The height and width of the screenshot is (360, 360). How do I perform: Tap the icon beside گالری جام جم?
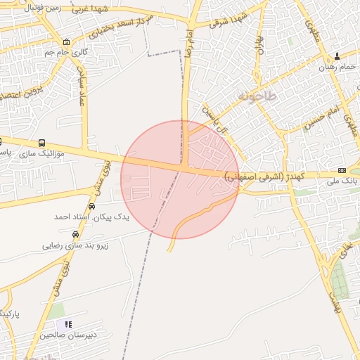point(66,41)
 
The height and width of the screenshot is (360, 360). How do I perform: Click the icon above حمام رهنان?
point(337,56)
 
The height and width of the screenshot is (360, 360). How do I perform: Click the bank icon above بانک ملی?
point(342,170)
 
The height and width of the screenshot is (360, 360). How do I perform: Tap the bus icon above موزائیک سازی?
point(43,143)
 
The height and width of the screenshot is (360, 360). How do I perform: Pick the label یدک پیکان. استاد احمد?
point(92,217)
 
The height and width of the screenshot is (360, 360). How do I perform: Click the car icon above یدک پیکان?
point(91,206)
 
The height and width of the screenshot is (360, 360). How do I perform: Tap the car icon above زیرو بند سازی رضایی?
point(75,235)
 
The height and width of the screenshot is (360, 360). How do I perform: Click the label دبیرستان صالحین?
point(66,335)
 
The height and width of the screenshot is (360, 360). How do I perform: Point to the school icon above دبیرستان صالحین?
point(68,324)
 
